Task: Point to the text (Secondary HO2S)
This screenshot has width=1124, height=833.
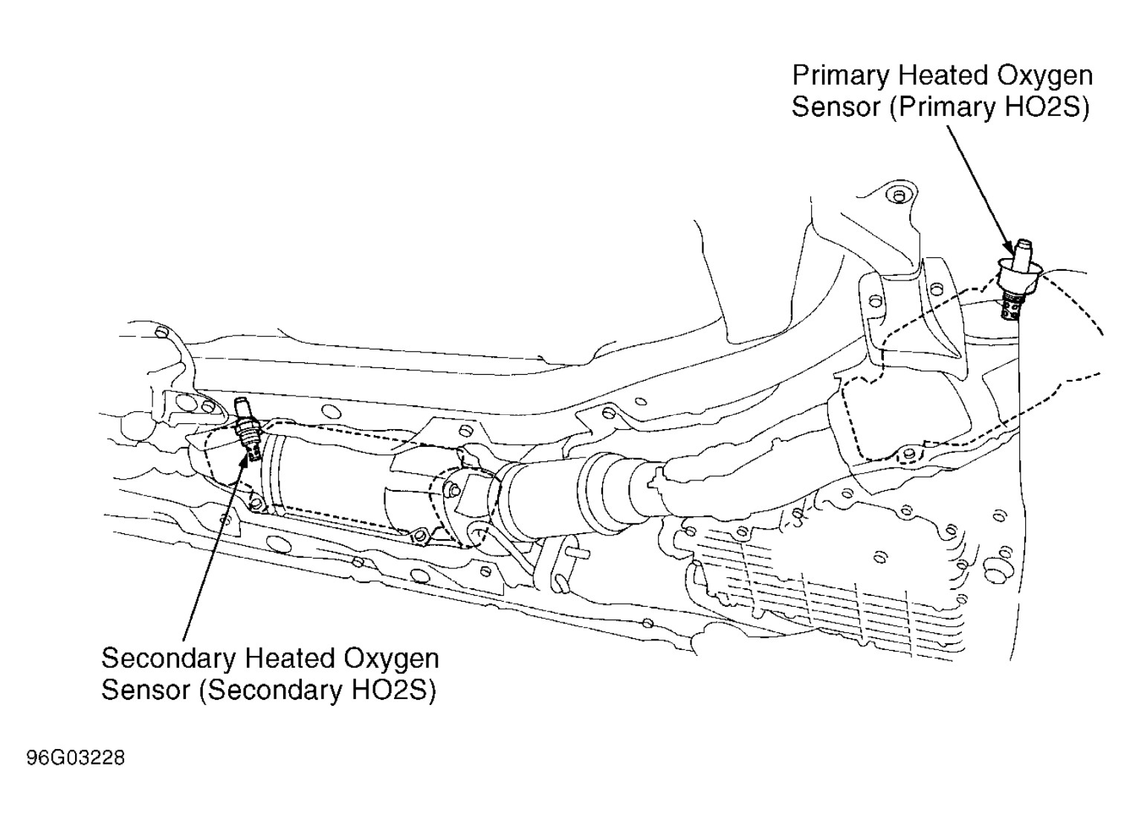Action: (x=317, y=690)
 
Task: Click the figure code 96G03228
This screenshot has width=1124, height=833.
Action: (x=76, y=759)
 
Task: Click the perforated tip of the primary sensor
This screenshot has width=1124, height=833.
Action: (x=1010, y=307)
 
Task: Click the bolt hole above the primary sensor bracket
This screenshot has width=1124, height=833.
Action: (x=899, y=196)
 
